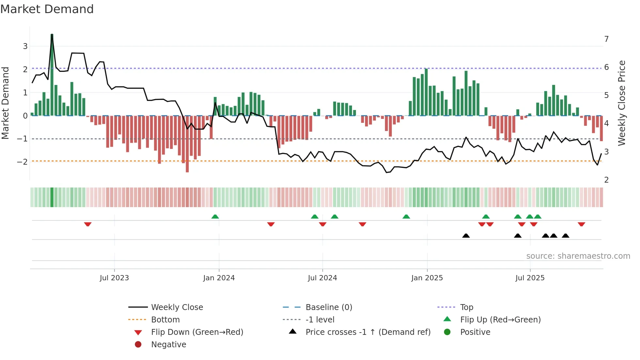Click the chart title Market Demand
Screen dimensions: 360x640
[47, 9]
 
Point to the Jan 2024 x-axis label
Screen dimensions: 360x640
[219, 278]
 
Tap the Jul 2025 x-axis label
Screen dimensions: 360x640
[530, 278]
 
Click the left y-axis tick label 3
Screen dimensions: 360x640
[25, 46]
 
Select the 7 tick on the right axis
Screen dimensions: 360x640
[606, 39]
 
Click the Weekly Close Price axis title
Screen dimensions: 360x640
[622, 103]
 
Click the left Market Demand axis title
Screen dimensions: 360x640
[6, 103]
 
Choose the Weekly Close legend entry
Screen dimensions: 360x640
[177, 307]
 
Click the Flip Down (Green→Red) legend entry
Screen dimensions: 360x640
[197, 332]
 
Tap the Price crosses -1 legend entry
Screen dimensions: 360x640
[368, 332]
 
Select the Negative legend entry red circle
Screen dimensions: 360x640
[138, 345]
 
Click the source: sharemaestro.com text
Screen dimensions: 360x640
[578, 256]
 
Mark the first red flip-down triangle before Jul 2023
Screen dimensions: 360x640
[88, 224]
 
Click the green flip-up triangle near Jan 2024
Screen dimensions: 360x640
[215, 217]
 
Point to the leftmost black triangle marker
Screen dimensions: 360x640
[466, 236]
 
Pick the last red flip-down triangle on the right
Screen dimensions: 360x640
[581, 224]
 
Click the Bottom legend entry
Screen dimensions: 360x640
[165, 320]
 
